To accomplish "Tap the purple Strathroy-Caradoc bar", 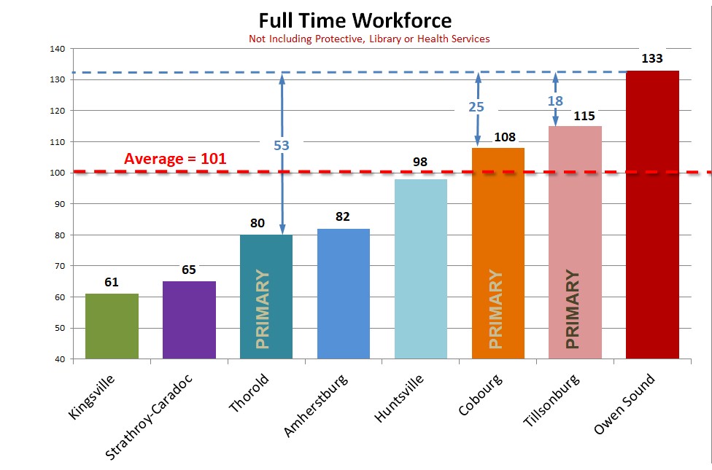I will click(189, 320).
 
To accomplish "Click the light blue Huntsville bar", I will click(420, 269).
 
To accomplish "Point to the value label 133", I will click(652, 58).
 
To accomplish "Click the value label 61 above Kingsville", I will click(112, 282).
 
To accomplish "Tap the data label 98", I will click(420, 162).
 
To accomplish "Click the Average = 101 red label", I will click(175, 159).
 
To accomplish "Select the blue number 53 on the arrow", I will click(282, 146).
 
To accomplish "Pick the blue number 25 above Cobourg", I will click(476, 107).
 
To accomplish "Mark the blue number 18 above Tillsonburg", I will click(555, 101).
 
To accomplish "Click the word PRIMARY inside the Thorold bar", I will click(263, 310).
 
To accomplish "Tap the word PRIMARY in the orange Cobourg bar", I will click(496, 310).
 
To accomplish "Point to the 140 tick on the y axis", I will click(57, 49).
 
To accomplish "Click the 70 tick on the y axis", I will click(59, 266).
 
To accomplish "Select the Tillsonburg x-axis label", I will click(552, 400).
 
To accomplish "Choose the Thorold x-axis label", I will click(249, 393).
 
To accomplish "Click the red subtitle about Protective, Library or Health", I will click(369, 39).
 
